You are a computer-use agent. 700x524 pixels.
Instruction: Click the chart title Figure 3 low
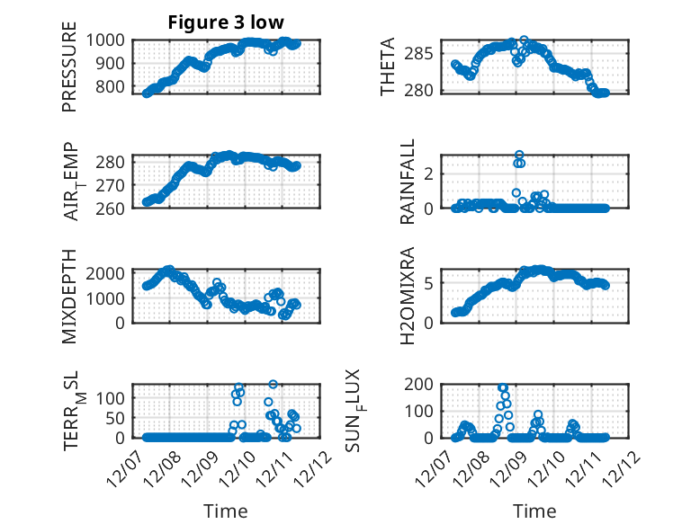[x=225, y=23]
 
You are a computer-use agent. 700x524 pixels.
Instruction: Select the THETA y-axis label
[x=388, y=67]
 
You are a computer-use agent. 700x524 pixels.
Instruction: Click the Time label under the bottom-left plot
[x=225, y=511]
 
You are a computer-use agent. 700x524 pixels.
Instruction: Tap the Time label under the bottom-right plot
[x=534, y=511]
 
